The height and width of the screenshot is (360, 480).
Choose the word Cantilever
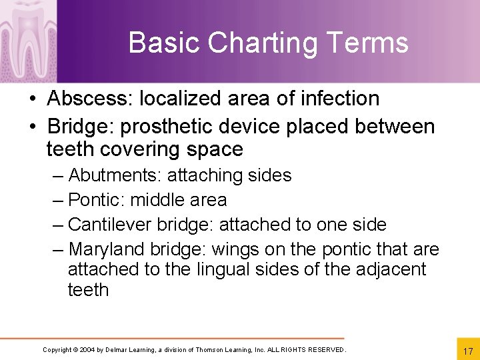click(105, 225)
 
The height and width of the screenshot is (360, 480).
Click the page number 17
click(467, 351)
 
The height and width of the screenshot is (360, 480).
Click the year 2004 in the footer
click(87, 350)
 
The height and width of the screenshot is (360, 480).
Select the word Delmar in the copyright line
click(118, 350)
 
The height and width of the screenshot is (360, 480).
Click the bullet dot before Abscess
click(33, 99)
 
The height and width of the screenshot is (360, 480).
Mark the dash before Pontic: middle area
click(58, 200)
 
